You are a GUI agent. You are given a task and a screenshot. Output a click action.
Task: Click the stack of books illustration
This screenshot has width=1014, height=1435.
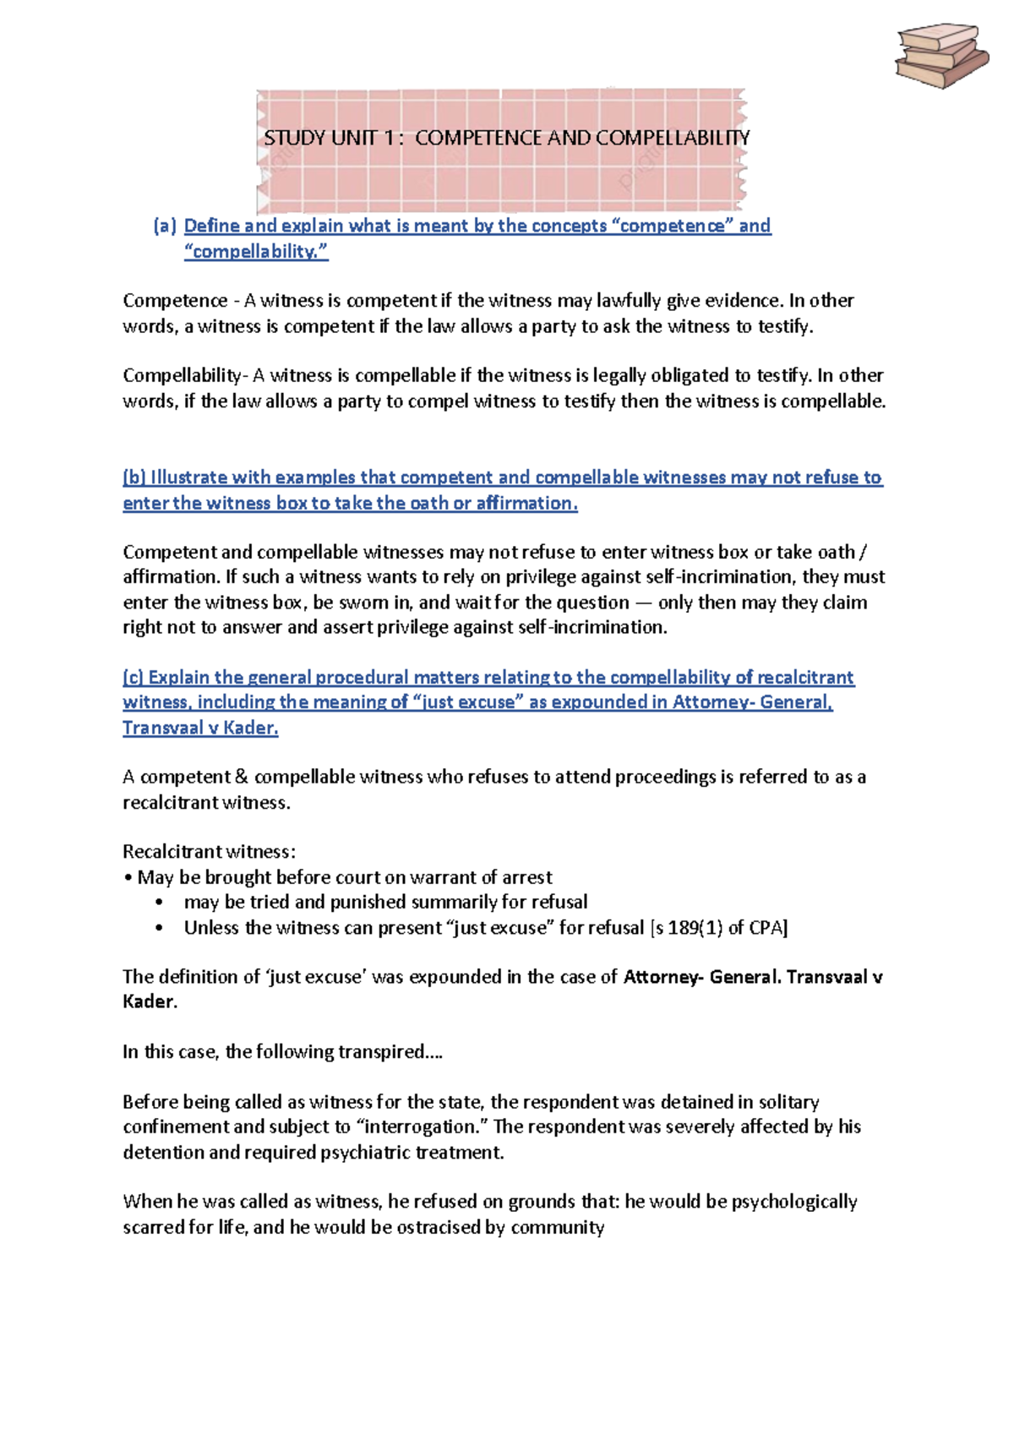point(941,56)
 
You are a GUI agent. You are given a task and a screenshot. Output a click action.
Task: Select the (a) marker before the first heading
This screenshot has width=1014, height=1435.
point(165,226)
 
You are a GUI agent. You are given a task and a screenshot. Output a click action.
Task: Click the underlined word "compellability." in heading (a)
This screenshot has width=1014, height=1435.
point(256,251)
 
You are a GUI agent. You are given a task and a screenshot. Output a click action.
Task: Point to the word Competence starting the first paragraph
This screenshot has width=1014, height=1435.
point(175,301)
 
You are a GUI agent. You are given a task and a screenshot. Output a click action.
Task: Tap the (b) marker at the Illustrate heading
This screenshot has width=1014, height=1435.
point(134,477)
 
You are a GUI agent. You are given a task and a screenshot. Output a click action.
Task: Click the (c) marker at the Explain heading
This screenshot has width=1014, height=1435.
point(134,678)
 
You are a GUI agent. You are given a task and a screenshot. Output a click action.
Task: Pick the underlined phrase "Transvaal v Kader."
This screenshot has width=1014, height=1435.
point(200,728)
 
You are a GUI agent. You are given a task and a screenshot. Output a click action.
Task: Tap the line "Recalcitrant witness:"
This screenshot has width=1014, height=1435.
point(209,852)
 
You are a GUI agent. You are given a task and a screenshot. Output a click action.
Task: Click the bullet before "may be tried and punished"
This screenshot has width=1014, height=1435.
point(159,903)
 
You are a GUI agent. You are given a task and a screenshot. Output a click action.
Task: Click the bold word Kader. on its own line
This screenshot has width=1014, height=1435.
point(150,1002)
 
